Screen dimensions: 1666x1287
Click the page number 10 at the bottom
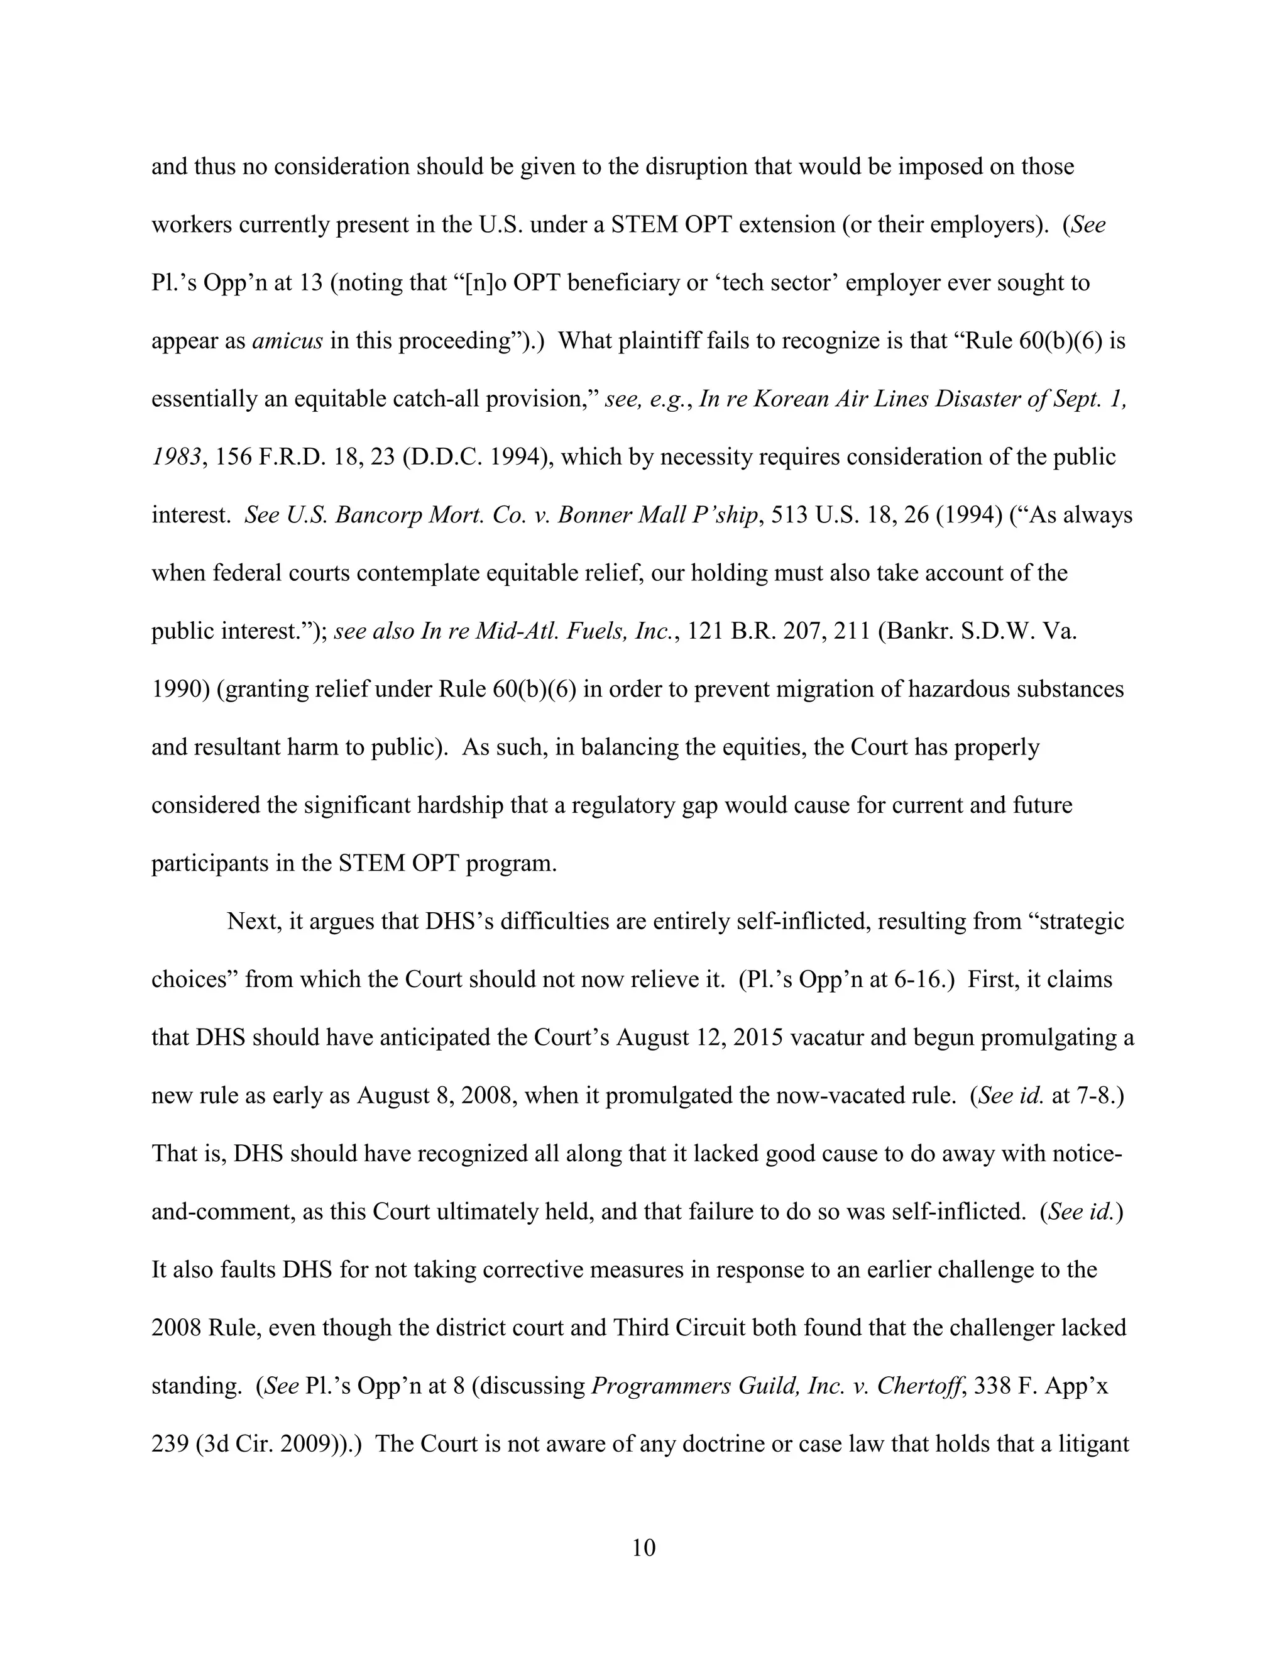coord(643,1548)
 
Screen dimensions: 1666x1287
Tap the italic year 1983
coord(177,457)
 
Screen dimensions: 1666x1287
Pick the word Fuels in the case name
coord(600,631)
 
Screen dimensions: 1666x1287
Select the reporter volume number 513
coord(789,515)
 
